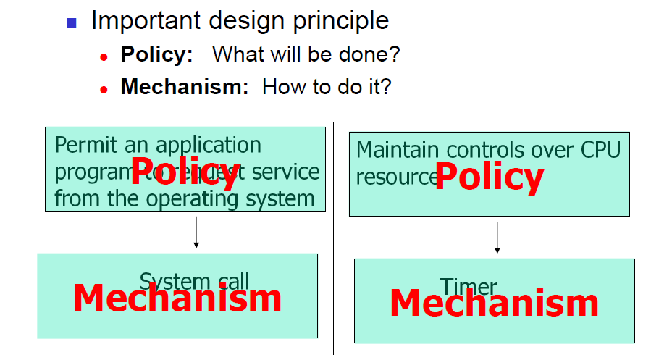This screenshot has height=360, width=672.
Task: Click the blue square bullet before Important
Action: pos(72,22)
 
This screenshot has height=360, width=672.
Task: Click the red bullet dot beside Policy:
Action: pos(104,56)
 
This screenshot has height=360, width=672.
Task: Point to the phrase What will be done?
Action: pos(306,54)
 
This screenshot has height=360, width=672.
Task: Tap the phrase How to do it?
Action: pos(327,88)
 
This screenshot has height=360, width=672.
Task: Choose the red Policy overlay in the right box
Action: pos(489,177)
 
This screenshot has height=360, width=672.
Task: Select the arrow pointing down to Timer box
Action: pos(497,237)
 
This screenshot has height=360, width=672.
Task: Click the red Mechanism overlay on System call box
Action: pos(177,298)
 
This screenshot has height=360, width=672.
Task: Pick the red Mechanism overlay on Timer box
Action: pos(494,304)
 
